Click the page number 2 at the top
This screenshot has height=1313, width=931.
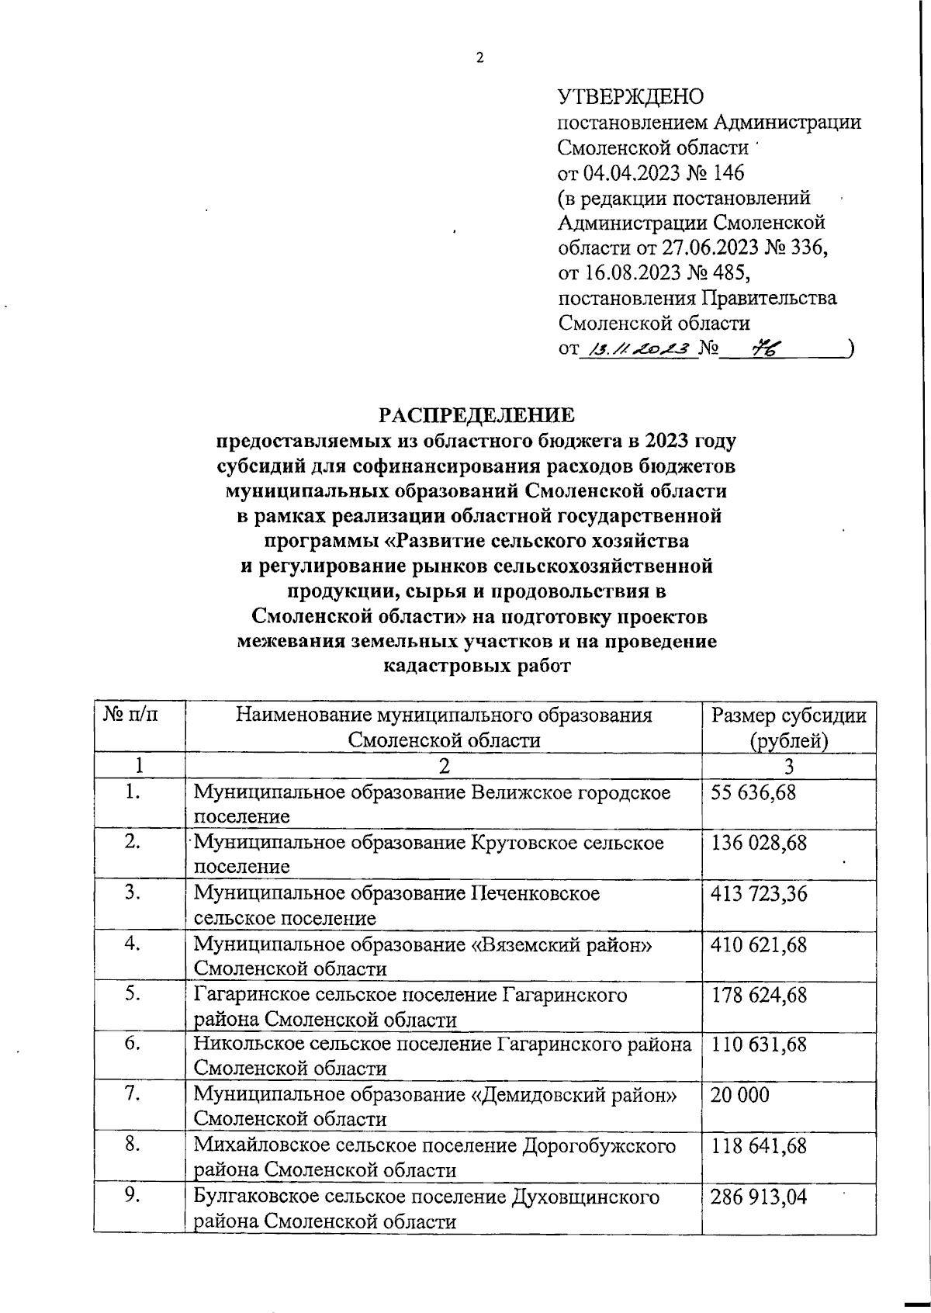click(x=479, y=58)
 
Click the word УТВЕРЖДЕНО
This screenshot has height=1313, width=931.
click(x=631, y=97)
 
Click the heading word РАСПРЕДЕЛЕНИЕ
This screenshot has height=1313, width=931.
click(x=476, y=415)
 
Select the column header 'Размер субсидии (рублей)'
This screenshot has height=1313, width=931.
click(x=788, y=727)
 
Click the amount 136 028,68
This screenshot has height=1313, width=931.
click(x=758, y=843)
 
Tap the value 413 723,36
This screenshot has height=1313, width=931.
click(x=758, y=894)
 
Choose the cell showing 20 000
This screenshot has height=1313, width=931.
click(x=739, y=1095)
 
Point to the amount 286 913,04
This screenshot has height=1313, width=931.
click(x=758, y=1197)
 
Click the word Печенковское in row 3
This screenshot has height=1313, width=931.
click(x=535, y=894)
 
